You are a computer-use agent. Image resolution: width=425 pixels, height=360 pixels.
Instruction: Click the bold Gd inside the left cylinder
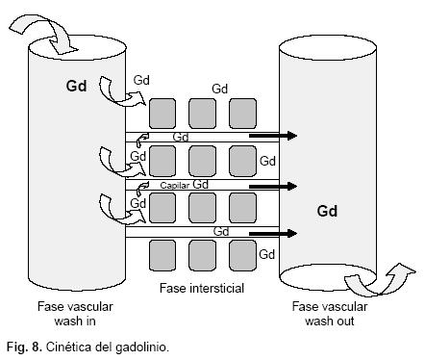(x=76, y=86)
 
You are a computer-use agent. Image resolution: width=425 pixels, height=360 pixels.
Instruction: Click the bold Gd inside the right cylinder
(x=327, y=211)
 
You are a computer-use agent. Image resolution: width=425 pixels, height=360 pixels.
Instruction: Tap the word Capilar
(x=175, y=186)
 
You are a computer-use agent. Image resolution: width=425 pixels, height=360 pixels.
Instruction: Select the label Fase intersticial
(x=202, y=288)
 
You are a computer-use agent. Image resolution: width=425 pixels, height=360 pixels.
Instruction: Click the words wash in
(x=75, y=321)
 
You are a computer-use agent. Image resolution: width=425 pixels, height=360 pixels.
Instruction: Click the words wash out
(x=330, y=321)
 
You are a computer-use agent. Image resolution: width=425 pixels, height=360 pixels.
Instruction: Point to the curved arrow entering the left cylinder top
(x=43, y=34)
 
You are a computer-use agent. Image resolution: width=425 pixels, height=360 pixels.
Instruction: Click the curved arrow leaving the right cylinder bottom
(x=380, y=280)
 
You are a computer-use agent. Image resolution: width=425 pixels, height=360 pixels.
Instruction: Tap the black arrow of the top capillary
(x=273, y=136)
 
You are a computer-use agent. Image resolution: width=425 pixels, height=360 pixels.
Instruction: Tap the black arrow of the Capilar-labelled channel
(x=273, y=186)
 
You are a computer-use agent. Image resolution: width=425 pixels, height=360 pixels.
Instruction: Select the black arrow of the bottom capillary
(x=273, y=234)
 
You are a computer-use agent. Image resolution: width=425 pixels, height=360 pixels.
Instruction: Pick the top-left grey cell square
(x=162, y=114)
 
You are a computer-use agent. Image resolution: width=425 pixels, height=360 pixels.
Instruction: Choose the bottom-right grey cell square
(x=243, y=255)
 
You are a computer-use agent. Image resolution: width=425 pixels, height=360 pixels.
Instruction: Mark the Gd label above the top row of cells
(x=220, y=89)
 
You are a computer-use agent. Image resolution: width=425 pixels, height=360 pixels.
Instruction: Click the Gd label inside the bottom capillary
(x=221, y=231)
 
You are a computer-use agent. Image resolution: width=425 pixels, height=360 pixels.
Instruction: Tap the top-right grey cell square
(x=243, y=114)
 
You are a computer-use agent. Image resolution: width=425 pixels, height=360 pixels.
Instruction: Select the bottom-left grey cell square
(x=162, y=255)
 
